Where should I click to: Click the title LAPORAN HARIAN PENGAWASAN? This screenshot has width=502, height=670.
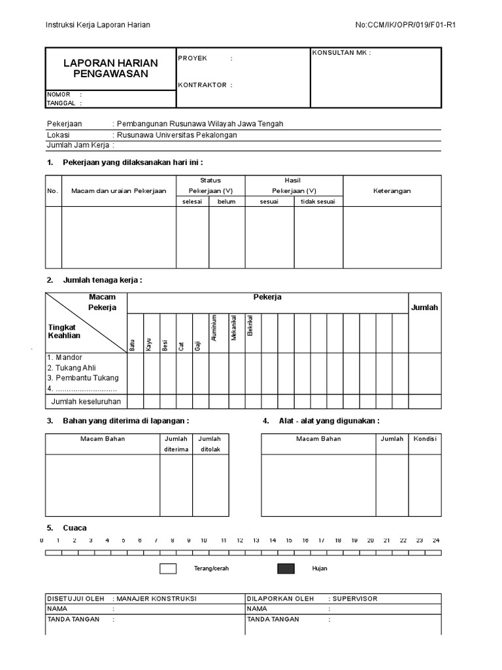pyautogui.click(x=110, y=68)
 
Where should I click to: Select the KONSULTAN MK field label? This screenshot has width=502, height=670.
pyautogui.click(x=342, y=53)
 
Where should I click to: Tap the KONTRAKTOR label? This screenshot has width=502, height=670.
pyautogui.click(x=202, y=85)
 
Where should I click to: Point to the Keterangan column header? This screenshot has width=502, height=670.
pyautogui.click(x=392, y=191)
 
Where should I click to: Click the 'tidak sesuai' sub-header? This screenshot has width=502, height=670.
pyautogui.click(x=318, y=202)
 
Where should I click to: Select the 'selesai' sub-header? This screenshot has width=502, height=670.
pyautogui.click(x=192, y=202)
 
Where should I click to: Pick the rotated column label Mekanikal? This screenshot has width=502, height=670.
pyautogui.click(x=233, y=326)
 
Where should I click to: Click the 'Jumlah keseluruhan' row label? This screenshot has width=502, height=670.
pyautogui.click(x=86, y=402)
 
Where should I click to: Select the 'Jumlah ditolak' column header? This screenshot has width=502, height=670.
pyautogui.click(x=210, y=444)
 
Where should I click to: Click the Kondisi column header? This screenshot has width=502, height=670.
pyautogui.click(x=425, y=439)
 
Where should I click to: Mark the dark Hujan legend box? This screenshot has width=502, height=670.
pyautogui.click(x=286, y=569)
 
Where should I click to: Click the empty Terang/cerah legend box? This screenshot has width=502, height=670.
pyautogui.click(x=168, y=569)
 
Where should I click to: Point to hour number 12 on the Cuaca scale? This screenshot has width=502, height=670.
pyautogui.click(x=240, y=541)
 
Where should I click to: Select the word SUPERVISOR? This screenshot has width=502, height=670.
pyautogui.click(x=354, y=599)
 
